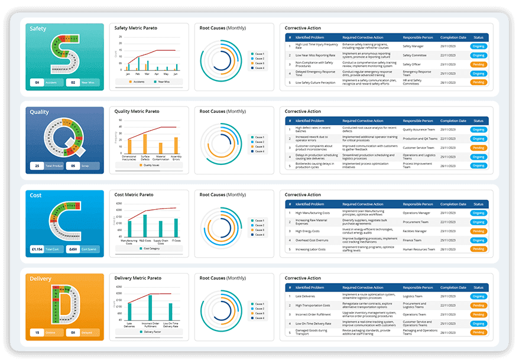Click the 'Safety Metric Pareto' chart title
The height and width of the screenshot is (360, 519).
pyautogui.click(x=135, y=28)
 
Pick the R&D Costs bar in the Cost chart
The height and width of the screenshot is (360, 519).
pyautogui.click(x=144, y=225)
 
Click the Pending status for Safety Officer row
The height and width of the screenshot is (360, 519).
pyautogui.click(x=478, y=64)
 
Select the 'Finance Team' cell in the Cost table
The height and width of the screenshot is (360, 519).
pyautogui.click(x=413, y=240)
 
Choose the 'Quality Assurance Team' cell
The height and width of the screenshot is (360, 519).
pyautogui.click(x=421, y=129)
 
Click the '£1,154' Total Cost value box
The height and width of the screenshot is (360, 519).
pyautogui.click(x=38, y=249)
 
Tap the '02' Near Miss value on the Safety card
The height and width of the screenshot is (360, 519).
pyautogui.click(x=73, y=83)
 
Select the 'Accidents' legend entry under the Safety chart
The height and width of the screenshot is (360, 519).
pyautogui.click(x=140, y=82)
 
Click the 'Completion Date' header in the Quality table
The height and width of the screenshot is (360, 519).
pyautogui.click(x=453, y=121)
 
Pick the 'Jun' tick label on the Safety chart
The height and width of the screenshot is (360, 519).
pyautogui.click(x=176, y=73)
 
